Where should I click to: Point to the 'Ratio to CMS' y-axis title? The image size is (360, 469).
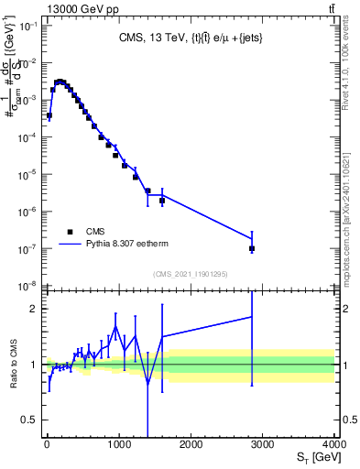[12, 364]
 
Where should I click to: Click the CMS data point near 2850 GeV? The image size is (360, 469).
[252, 248]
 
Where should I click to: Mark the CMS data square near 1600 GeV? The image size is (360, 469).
[162, 201]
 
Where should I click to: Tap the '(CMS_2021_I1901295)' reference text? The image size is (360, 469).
[191, 274]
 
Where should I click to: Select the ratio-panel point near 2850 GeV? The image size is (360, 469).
[252, 317]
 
